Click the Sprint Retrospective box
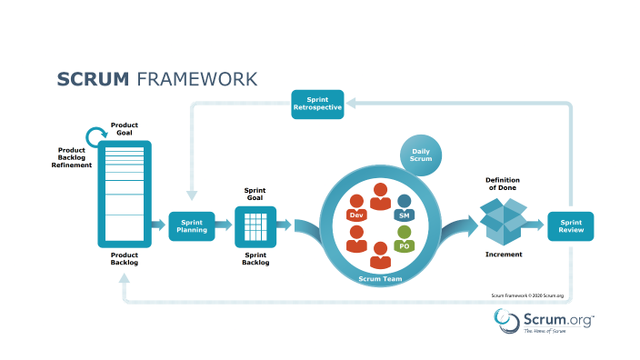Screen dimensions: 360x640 [317, 104]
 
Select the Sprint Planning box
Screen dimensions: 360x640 [192, 225]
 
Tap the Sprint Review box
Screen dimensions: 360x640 [570, 225]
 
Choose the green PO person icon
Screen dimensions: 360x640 [404, 239]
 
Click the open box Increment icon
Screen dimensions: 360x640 [503, 222]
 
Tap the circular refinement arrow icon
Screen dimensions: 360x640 [96, 137]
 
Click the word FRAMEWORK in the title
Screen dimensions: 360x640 [196, 79]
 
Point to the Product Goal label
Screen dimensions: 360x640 [124, 127]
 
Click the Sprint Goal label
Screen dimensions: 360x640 [255, 195]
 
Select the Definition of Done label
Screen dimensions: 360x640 [503, 185]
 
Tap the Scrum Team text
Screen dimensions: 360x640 [381, 279]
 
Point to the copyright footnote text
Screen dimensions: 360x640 [527, 295]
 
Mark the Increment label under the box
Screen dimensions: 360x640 [504, 255]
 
